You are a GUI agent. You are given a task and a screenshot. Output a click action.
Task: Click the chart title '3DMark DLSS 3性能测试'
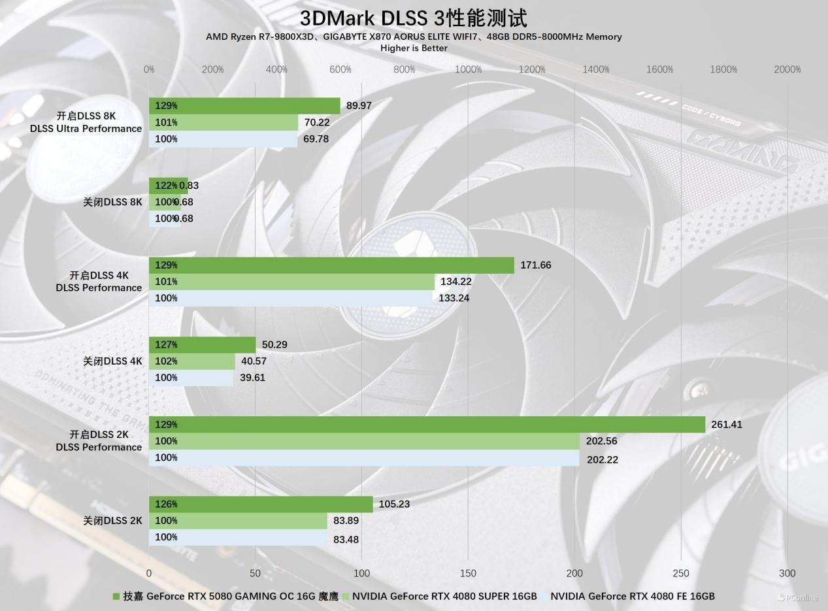tap(413, 18)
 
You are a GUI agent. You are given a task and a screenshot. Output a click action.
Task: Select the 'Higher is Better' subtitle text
tap(414, 48)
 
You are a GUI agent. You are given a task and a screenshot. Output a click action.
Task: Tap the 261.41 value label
tap(727, 424)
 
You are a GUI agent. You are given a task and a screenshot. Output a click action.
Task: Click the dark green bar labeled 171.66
tap(331, 265)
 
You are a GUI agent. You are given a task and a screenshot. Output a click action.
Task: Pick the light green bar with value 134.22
tap(291, 282)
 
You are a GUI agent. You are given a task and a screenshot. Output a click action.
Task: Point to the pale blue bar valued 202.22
tap(364, 458)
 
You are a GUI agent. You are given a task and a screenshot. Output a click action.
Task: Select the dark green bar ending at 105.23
tap(261, 504)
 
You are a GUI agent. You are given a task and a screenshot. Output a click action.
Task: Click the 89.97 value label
tap(359, 105)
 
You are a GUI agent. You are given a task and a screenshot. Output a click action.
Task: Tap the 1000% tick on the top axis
tap(468, 69)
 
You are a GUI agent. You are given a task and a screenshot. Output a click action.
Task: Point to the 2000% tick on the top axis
tap(787, 69)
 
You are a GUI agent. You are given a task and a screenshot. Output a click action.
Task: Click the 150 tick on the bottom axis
tap(468, 573)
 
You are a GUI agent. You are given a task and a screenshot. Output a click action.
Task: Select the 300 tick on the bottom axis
tap(787, 573)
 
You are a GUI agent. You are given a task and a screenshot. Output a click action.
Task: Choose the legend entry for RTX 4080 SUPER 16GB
tap(444, 596)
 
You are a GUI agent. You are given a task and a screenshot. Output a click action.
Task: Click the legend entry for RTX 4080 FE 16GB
tap(631, 596)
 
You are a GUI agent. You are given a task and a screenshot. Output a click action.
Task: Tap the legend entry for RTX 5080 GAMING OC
tap(225, 596)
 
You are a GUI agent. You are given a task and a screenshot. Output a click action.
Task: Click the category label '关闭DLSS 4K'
tap(112, 361)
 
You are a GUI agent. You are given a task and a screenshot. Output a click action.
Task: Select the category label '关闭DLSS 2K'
tap(112, 520)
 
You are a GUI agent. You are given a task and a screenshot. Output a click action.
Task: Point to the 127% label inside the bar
tap(166, 344)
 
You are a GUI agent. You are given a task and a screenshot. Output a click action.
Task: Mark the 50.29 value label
tap(274, 344)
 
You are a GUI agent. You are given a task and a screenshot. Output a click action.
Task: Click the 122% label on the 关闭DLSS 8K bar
tap(166, 186)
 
